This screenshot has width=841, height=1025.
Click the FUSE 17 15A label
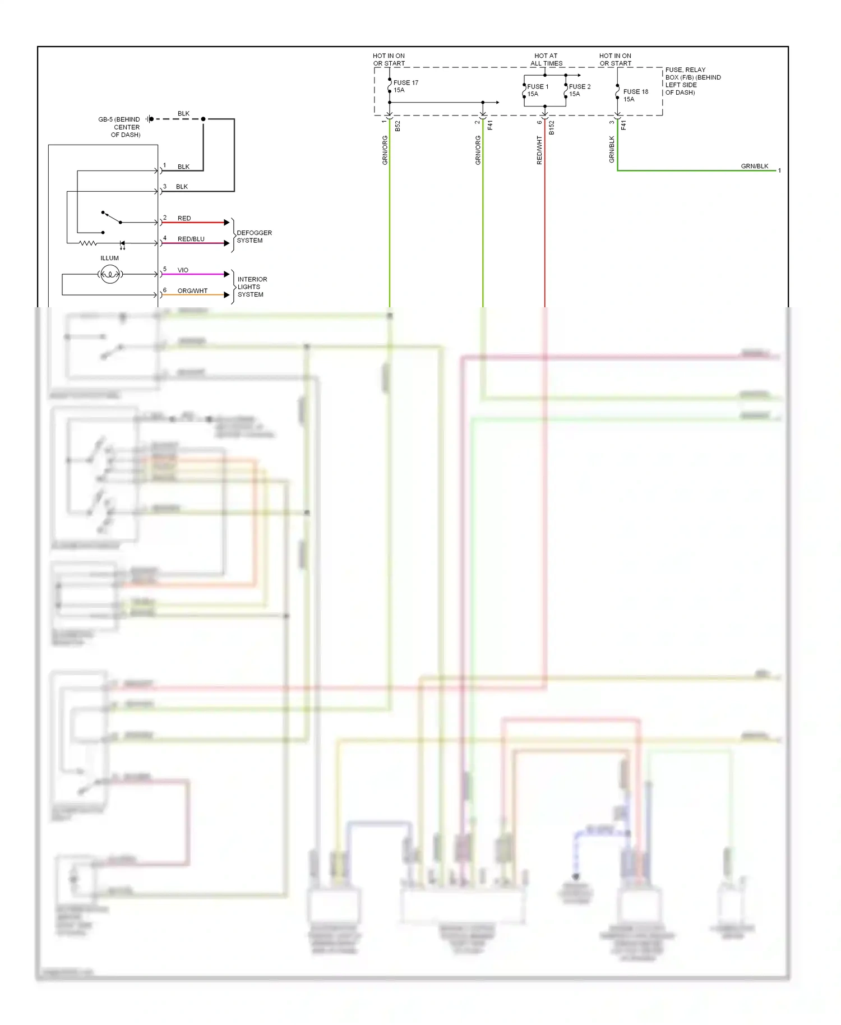click(405, 86)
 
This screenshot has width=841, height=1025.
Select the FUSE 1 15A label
click(537, 90)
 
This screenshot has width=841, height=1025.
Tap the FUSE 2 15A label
click(579, 90)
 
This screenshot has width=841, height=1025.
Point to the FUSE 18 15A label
click(635, 95)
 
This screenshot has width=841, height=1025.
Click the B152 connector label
click(552, 128)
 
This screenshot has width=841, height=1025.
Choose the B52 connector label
click(398, 126)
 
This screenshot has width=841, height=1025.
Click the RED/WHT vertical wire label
click(539, 150)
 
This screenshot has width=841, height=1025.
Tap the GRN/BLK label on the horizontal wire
click(754, 166)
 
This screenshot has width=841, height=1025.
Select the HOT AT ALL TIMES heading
click(546, 59)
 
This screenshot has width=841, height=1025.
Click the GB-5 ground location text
click(120, 127)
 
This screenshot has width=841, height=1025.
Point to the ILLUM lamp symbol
click(110, 274)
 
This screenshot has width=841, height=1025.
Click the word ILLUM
click(109, 258)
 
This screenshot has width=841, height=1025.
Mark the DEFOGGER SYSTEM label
click(253, 237)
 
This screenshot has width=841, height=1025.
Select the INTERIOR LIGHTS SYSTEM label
click(252, 287)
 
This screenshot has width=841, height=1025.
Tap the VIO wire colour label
click(183, 270)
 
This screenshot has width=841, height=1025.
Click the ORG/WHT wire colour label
click(192, 290)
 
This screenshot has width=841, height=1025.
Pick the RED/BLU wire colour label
click(191, 239)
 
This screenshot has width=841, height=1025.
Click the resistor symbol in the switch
click(88, 243)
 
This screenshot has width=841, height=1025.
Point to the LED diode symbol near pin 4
click(122, 244)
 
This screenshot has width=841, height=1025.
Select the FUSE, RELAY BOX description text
click(692, 81)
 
